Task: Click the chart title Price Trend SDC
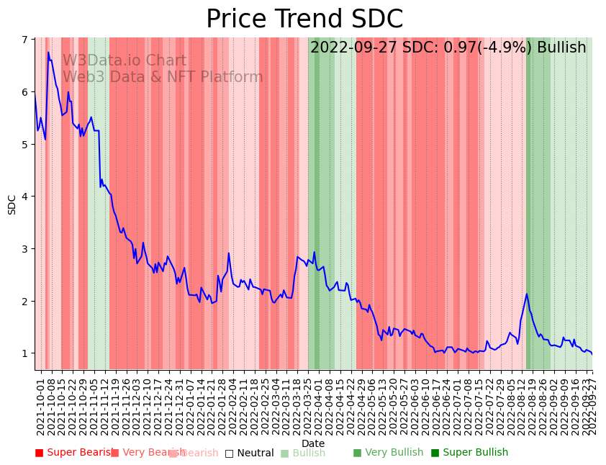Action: [x=304, y=19]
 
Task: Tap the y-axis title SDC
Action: [x=12, y=204]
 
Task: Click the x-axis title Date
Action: [x=313, y=443]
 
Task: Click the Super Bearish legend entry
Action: [x=75, y=453]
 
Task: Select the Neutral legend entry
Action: [x=249, y=453]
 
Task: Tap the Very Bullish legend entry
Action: [x=388, y=453]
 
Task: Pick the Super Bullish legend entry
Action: [x=469, y=453]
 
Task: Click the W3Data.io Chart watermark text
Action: [x=125, y=61]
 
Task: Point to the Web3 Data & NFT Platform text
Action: [x=163, y=77]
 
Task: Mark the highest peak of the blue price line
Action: [x=48, y=53]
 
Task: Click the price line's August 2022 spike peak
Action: [x=527, y=294]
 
